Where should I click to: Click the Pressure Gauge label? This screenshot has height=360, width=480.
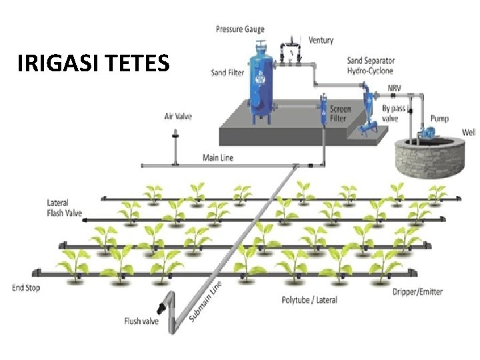[x=240, y=29]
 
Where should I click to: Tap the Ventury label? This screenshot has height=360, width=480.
[x=321, y=40]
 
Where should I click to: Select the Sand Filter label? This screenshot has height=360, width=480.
[x=227, y=72]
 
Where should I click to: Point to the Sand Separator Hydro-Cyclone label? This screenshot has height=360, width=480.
[x=370, y=65]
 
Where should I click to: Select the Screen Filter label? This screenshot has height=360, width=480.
[x=340, y=113]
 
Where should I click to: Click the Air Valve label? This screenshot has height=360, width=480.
[x=178, y=117]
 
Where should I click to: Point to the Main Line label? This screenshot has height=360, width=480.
[x=218, y=158]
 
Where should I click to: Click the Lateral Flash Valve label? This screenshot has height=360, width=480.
[x=65, y=207]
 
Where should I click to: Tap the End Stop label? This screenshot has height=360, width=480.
[x=27, y=288]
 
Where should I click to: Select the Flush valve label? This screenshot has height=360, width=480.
[x=141, y=321]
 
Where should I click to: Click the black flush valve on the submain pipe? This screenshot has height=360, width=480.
[x=162, y=308]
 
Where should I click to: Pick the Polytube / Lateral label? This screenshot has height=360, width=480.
[x=309, y=300]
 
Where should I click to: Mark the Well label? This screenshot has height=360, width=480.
[x=469, y=133]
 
